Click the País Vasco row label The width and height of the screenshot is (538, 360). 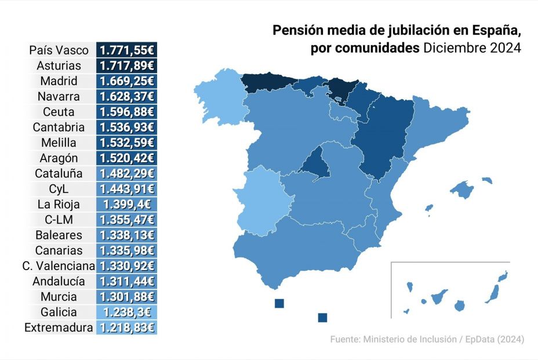pyautogui.click(x=59, y=50)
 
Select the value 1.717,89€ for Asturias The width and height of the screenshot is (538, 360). pyautogui.click(x=126, y=66)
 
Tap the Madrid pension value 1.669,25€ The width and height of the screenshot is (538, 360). pyautogui.click(x=126, y=81)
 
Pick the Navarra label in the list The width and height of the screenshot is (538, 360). pyautogui.click(x=59, y=96)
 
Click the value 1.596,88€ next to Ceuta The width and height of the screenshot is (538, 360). pyautogui.click(x=126, y=112)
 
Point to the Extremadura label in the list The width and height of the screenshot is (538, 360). pyautogui.click(x=59, y=328)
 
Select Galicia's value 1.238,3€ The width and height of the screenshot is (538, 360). pyautogui.click(x=126, y=312)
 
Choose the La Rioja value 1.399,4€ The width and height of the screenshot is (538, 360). pyautogui.click(x=126, y=204)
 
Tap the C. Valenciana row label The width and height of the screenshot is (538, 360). pyautogui.click(x=59, y=266)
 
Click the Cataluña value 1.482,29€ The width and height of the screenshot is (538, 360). pyautogui.click(x=126, y=173)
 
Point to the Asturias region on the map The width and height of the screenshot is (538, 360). pyautogui.click(x=264, y=82)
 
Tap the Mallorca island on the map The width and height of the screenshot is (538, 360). pyautogui.click(x=463, y=189)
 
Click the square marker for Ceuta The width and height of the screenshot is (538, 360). pyautogui.click(x=279, y=303)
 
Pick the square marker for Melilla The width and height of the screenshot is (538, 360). pyautogui.click(x=323, y=317)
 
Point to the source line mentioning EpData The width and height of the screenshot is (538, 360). pyautogui.click(x=427, y=339)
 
